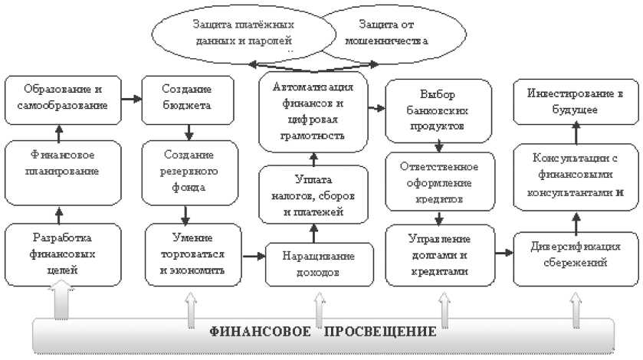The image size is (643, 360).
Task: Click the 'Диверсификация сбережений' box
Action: coord(575,253)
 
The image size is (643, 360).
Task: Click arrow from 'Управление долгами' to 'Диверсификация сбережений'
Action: coord(504,252)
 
